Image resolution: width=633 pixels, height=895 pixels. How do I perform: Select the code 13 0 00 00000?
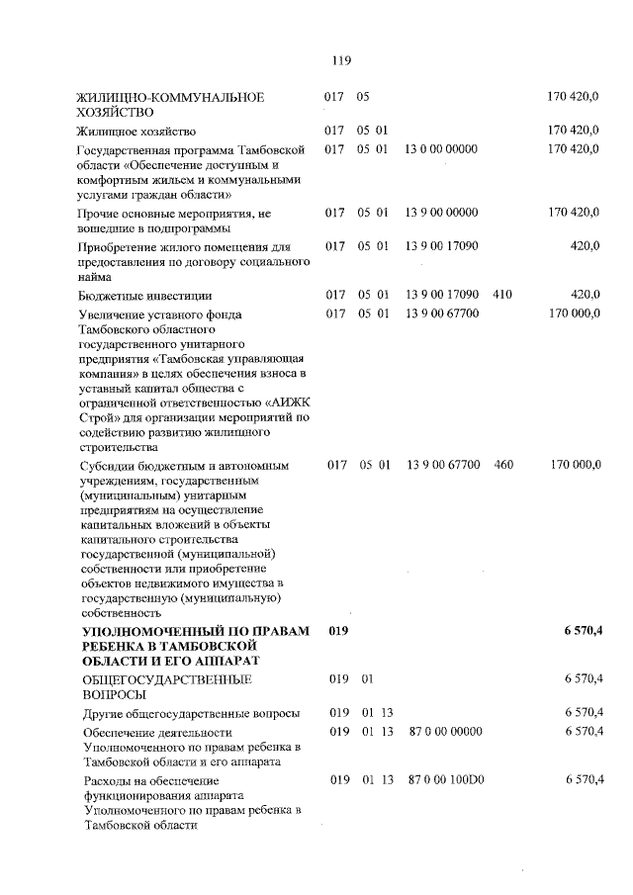click(442, 148)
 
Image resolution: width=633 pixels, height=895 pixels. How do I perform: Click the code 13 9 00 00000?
click(442, 213)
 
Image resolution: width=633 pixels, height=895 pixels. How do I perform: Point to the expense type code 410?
click(502, 295)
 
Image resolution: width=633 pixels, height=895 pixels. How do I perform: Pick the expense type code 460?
click(502, 463)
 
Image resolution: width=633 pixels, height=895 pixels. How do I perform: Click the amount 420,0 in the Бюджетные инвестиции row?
click(585, 295)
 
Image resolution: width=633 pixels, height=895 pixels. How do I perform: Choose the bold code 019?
click(339, 630)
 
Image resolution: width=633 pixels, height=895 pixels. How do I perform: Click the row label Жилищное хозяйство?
click(136, 131)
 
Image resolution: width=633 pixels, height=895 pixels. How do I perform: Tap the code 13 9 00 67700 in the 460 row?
click(442, 463)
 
